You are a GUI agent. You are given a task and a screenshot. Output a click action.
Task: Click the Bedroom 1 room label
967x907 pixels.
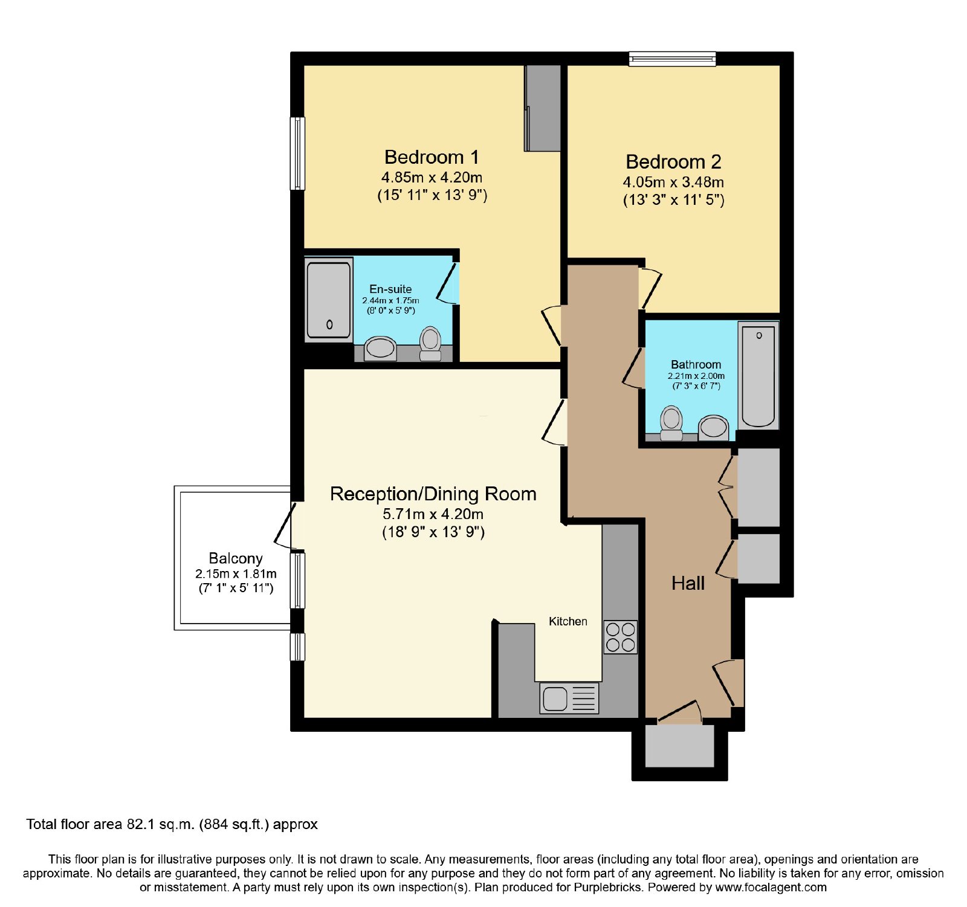coord(432,157)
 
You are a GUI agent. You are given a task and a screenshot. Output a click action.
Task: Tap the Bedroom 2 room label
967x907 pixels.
coord(673,162)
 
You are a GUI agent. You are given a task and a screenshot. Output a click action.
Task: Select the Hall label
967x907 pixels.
coord(688,583)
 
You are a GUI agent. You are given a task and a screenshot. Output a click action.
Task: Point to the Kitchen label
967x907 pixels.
coord(568,621)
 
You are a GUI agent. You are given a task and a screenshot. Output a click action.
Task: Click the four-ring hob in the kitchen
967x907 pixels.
coord(621,637)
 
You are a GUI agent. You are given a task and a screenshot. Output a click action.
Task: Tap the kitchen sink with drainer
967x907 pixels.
coord(569,699)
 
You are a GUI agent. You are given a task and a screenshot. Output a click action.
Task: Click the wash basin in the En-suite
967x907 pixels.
coord(380,348)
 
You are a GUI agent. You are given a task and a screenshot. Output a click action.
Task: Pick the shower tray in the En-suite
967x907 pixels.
coord(328,300)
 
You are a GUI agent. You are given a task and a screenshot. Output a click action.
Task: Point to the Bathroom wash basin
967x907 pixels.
coord(713,427)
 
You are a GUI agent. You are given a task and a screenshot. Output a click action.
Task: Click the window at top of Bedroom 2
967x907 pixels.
coord(672,59)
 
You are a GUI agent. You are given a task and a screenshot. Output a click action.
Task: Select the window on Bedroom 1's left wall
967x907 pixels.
coord(297,153)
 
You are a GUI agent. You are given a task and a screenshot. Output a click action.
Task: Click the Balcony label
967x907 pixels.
coord(236,558)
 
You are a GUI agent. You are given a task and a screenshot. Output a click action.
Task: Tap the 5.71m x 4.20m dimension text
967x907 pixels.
coord(433,514)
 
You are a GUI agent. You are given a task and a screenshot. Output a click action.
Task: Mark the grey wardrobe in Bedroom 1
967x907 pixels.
coord(543,108)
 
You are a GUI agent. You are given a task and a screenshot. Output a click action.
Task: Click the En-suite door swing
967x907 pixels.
coord(447,283)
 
